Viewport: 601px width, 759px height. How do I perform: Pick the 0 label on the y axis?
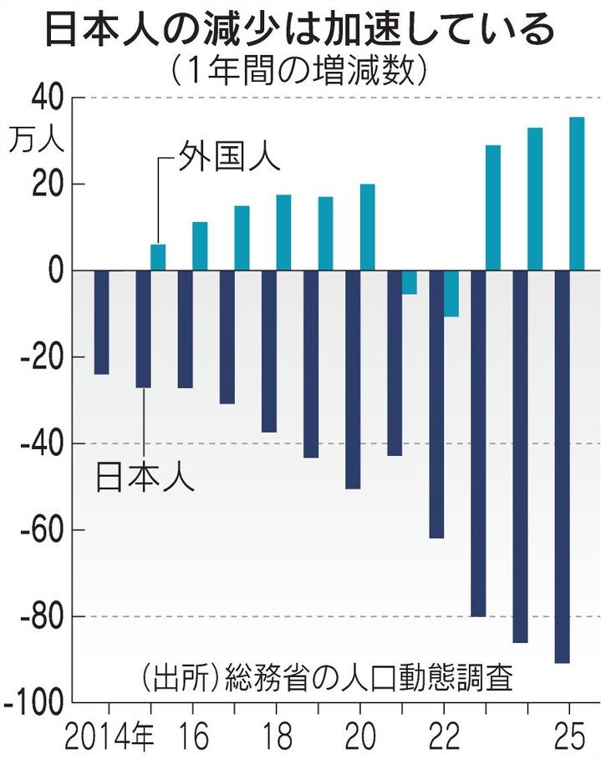pos(55,271)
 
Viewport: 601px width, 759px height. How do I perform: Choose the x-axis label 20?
pos(359,738)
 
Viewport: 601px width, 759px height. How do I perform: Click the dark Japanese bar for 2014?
pos(101,322)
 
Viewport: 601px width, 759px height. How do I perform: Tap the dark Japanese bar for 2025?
pos(562,467)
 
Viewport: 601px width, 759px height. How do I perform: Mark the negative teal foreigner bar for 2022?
pos(451,294)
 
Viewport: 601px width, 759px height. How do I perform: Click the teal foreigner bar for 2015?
pos(158,258)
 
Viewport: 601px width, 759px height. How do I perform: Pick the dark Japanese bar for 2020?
pos(353,380)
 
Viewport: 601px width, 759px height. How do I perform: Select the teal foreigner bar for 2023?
pos(493,208)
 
